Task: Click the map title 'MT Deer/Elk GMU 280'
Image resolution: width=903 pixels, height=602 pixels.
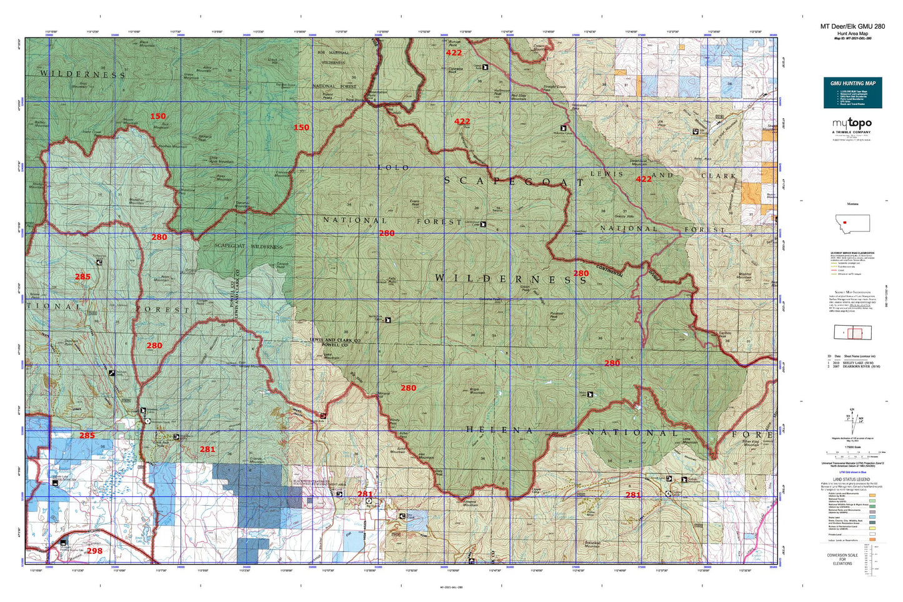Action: (x=852, y=26)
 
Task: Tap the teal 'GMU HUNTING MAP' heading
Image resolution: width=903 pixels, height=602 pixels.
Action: (x=852, y=83)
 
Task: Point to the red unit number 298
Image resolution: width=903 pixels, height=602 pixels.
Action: (x=94, y=551)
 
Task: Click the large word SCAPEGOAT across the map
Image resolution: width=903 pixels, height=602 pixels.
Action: (x=514, y=181)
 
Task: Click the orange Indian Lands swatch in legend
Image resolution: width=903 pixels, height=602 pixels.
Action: (x=872, y=538)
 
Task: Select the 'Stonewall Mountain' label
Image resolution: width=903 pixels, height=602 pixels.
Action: (x=584, y=544)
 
